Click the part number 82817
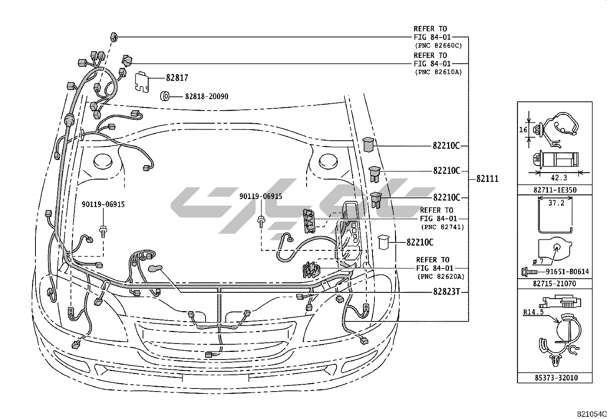(x=177, y=78)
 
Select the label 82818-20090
(x=207, y=96)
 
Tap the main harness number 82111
(x=487, y=178)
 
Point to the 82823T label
(x=446, y=292)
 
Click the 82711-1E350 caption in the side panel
(x=555, y=190)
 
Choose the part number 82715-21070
(x=554, y=284)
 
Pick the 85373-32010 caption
(x=556, y=378)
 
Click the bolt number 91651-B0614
(x=567, y=271)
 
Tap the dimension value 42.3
(x=559, y=178)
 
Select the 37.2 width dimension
(x=556, y=203)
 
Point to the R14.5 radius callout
(x=533, y=312)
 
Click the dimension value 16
(x=523, y=130)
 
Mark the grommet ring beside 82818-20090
(x=165, y=96)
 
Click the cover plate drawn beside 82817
(x=142, y=82)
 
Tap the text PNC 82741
(x=443, y=227)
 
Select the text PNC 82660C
(x=438, y=45)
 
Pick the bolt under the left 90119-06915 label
(x=103, y=231)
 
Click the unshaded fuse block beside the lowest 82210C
(x=384, y=242)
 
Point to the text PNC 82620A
(x=441, y=277)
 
